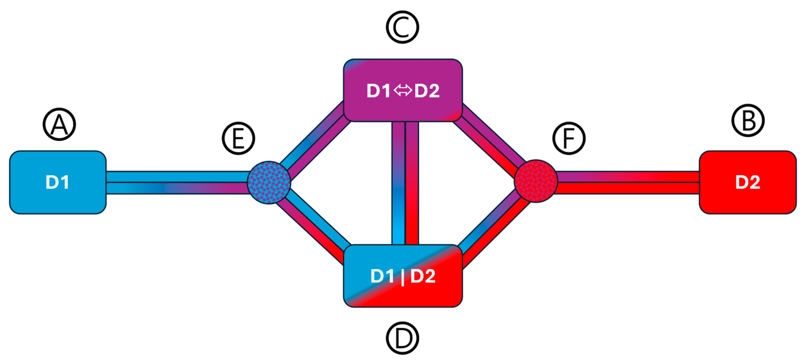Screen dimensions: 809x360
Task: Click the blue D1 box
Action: click(58, 182)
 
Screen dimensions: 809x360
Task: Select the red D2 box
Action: click(748, 182)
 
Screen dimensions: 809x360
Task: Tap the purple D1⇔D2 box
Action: click(403, 90)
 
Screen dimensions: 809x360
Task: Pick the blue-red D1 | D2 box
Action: click(403, 276)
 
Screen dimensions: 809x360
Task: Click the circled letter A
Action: click(59, 125)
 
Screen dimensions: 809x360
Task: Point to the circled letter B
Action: click(748, 120)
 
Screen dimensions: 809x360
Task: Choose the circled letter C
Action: click(402, 27)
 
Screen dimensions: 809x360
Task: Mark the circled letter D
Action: click(402, 338)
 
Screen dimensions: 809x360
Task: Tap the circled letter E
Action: click(238, 138)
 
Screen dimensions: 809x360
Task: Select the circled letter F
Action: click(569, 138)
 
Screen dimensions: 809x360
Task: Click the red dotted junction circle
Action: click(536, 181)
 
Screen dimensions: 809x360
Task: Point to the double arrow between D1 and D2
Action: click(402, 91)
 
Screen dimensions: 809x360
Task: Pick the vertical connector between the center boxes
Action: click(405, 183)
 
